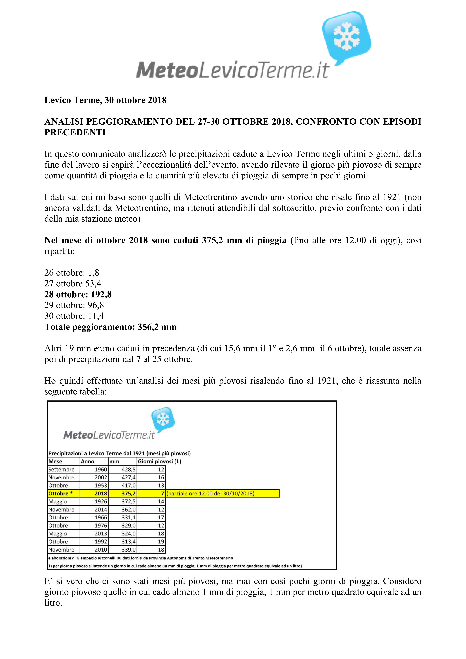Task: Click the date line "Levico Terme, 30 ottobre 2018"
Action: pos(105,100)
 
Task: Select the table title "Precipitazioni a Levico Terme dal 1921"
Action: pos(119,453)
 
